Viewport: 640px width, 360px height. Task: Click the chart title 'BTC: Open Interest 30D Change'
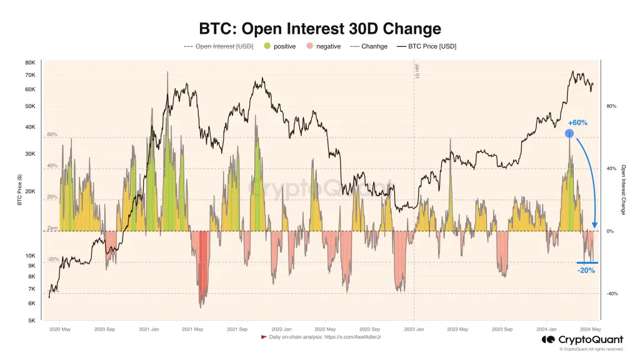(x=319, y=29)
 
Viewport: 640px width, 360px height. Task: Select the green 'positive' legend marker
(x=267, y=46)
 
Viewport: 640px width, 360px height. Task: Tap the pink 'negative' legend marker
(x=310, y=46)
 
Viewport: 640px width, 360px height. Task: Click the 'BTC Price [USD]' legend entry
(x=426, y=46)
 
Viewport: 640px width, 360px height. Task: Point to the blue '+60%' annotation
(x=577, y=122)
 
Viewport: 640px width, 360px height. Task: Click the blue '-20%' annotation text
(x=586, y=271)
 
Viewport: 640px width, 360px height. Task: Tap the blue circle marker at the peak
(x=569, y=134)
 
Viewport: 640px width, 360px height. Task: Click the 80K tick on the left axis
(x=30, y=62)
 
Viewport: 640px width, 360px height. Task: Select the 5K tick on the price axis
(x=31, y=321)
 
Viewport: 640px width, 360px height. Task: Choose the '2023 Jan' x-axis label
(x=415, y=329)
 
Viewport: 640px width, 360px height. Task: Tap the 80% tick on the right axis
(x=611, y=106)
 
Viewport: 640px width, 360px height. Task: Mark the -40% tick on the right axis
(x=612, y=294)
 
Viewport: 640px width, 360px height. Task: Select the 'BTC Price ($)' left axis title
(x=19, y=191)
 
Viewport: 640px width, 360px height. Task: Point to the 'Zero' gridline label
(x=52, y=228)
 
